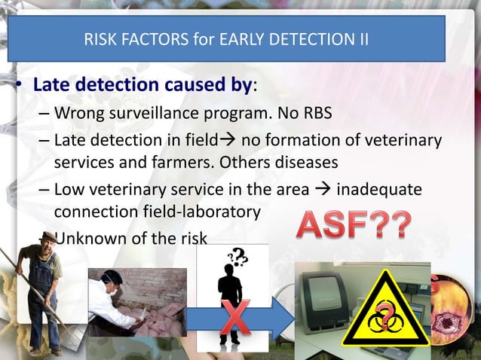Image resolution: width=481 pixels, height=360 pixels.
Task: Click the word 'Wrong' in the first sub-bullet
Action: coord(80,114)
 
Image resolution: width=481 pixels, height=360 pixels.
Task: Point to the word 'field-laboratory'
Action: coord(196,212)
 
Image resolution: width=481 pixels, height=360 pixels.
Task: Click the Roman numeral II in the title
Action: coord(362,38)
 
